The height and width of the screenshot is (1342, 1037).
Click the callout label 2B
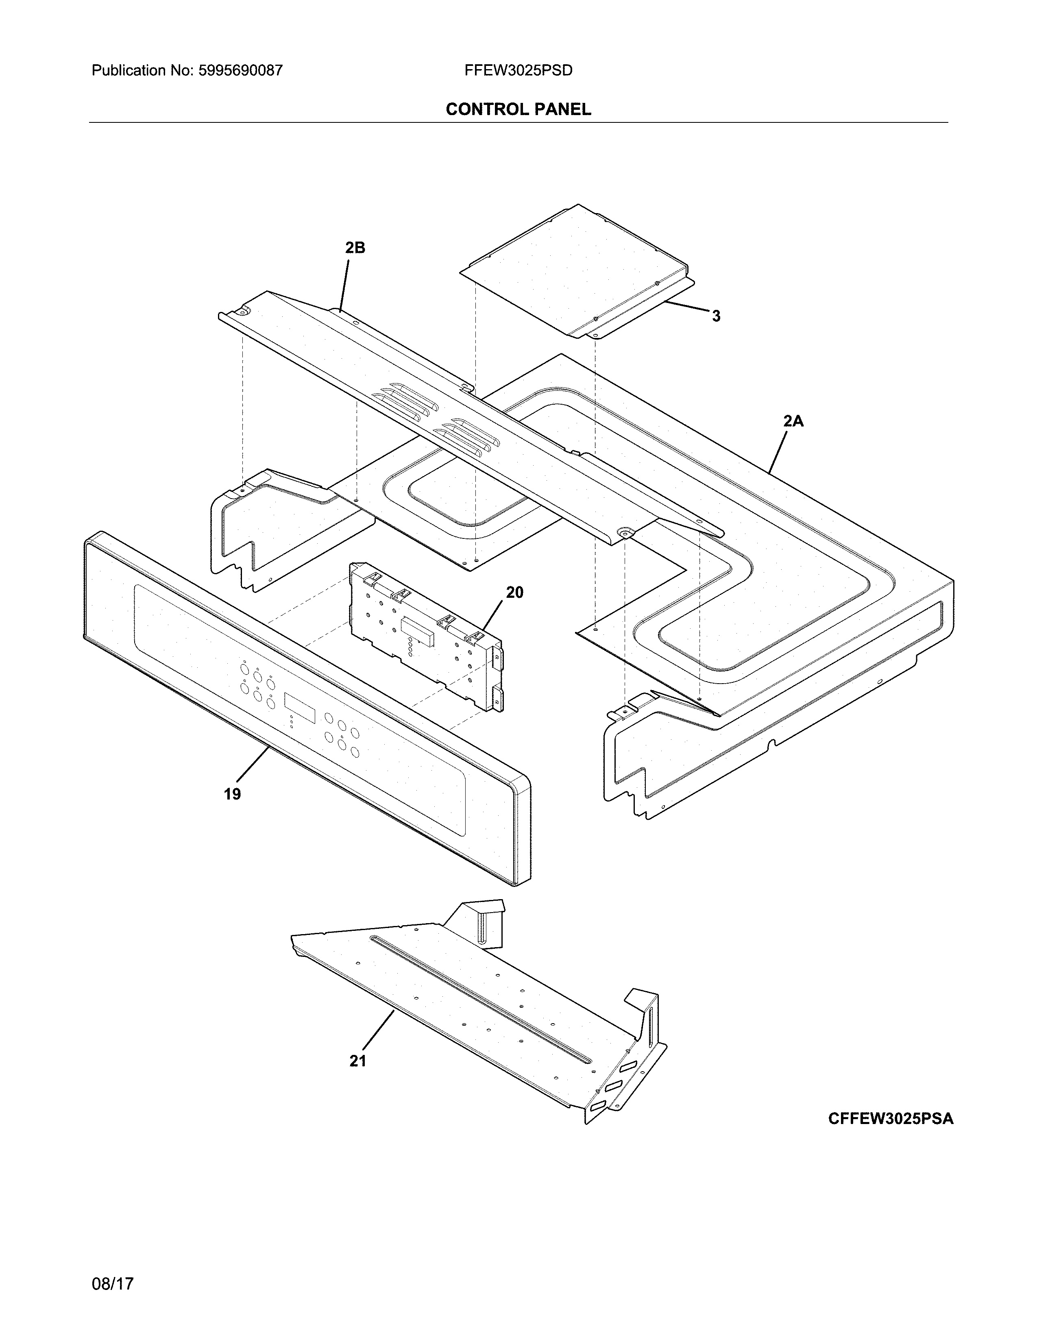tap(355, 248)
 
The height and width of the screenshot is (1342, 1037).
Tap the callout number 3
tap(716, 316)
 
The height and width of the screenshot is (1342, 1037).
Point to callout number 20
tap(515, 593)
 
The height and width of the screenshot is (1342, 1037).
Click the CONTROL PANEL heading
tap(518, 109)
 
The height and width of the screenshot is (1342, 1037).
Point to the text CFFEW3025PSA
tap(891, 1118)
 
